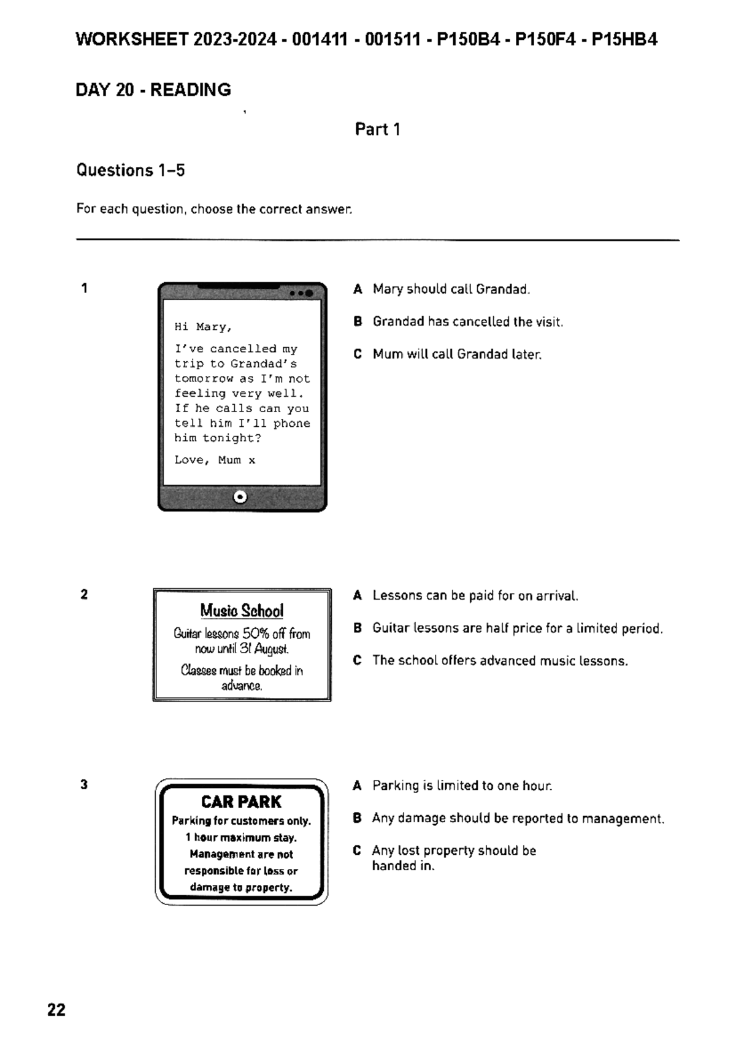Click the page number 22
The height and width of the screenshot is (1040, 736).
coord(56,1010)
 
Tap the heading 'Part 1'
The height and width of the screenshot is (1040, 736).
coord(377,129)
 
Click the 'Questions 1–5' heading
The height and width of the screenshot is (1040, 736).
coord(130,170)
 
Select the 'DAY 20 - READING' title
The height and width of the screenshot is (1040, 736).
coord(153,90)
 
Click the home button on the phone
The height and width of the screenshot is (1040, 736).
coord(240,497)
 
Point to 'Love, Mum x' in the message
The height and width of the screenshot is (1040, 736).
coord(215,460)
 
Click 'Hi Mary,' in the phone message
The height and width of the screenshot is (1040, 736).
coord(203,327)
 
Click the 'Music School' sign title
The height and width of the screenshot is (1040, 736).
coord(242,611)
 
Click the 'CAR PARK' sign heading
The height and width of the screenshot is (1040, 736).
coord(241,802)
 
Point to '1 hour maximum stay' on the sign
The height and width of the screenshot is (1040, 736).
coord(241,838)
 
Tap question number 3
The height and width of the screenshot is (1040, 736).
coord(84,784)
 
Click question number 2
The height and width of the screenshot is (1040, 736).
coord(84,594)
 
